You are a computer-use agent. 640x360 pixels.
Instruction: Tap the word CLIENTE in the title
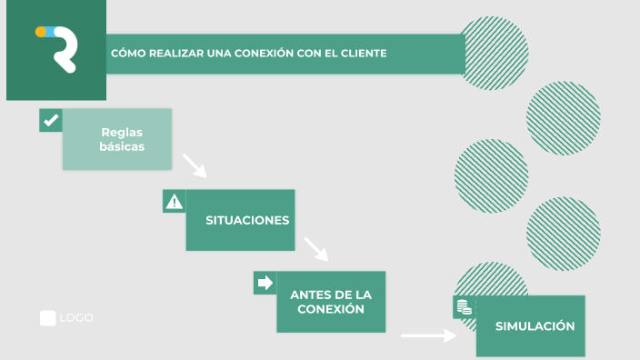point(363,54)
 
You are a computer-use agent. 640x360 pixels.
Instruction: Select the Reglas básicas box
point(117,139)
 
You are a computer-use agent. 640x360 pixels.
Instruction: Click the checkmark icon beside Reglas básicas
point(51,120)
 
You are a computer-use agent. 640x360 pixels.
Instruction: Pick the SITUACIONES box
point(241,220)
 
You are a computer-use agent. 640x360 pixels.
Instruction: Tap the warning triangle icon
point(174,202)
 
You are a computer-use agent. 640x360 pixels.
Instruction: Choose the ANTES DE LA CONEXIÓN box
point(332,302)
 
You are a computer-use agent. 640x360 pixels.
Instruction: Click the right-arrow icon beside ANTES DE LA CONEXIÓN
point(265,283)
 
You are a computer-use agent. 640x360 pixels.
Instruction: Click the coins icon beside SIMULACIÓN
point(464,307)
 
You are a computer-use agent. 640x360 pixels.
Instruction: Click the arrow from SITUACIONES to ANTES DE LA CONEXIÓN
point(315,248)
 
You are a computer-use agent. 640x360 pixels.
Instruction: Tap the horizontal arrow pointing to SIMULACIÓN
point(428,335)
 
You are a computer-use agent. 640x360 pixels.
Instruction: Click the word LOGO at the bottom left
point(76,318)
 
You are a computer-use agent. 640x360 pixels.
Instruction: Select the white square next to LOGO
point(47,318)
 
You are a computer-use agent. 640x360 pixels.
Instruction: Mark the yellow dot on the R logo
point(41,31)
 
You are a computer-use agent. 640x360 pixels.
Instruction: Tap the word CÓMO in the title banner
point(127,54)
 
